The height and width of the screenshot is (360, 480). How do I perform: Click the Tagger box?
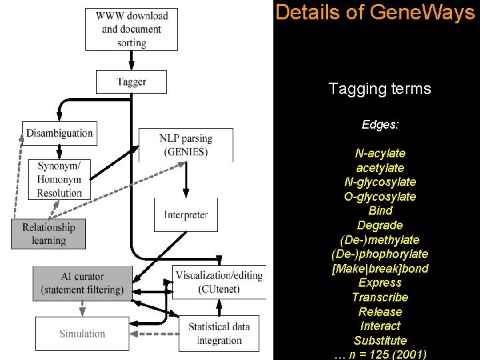[x=131, y=82]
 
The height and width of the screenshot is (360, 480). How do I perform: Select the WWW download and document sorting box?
[x=131, y=29]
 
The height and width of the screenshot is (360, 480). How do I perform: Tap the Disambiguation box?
[x=59, y=133]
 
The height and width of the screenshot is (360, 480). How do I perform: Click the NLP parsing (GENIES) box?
[x=186, y=145]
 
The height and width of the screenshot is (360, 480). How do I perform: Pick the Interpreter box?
[x=186, y=215]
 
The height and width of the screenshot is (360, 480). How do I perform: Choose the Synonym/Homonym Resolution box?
[x=59, y=179]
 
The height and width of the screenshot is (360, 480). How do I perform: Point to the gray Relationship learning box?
[x=49, y=233]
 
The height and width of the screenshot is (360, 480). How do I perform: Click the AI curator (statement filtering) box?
[x=82, y=283]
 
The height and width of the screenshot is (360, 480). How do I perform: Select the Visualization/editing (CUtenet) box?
[x=219, y=282]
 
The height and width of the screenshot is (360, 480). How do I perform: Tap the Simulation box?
[x=82, y=333]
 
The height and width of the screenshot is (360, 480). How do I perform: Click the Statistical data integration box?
[x=219, y=333]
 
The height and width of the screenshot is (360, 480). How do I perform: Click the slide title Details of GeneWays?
[x=375, y=13]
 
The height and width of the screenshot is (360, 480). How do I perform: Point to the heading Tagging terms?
[x=379, y=89]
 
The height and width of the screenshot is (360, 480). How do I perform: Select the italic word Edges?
[x=379, y=125]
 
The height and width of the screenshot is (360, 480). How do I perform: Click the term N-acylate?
[x=379, y=153]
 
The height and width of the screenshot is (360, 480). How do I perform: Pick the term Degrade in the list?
[x=379, y=225]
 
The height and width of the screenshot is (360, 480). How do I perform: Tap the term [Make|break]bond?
[x=379, y=268]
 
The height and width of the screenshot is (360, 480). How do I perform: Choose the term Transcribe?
[x=379, y=297]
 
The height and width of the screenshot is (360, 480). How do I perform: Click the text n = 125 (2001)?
[x=385, y=355]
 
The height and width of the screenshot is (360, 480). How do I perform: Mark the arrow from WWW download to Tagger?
[x=131, y=60]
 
